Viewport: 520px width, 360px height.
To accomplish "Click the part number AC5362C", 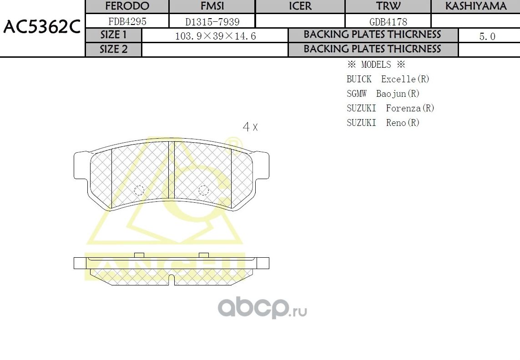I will click(42, 28).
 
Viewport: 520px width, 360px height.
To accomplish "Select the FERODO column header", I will click(127, 6).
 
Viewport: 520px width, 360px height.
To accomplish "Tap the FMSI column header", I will click(212, 6).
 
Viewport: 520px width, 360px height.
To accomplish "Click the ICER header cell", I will click(300, 6).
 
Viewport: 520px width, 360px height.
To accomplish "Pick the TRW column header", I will click(388, 6).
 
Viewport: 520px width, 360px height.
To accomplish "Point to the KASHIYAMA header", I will click(475, 6).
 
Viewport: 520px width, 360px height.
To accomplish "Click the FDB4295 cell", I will click(127, 21).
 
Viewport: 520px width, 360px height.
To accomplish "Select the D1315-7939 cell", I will click(212, 21).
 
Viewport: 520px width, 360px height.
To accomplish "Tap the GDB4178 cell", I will click(388, 21).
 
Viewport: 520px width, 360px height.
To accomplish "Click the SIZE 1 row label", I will click(114, 35).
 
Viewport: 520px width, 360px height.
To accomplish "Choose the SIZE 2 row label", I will click(114, 50).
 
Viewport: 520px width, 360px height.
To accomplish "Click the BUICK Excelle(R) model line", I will click(388, 79).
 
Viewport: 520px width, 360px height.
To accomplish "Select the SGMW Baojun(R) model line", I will click(383, 94).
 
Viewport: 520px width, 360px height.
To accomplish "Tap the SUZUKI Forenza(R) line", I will click(390, 108).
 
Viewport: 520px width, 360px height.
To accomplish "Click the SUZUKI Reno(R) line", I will click(383, 123).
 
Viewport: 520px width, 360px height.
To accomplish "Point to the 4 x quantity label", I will click(250, 127).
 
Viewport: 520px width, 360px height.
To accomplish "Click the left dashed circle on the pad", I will click(139, 190).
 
